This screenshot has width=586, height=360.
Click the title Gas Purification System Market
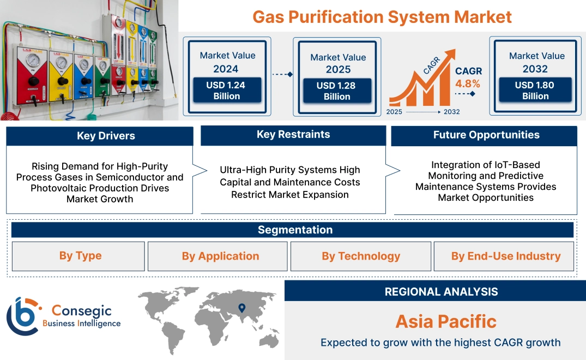[x=382, y=16]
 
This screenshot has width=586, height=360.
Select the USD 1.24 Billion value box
[x=227, y=90]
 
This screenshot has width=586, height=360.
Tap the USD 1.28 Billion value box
[x=337, y=91]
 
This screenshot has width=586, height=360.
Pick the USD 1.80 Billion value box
[x=535, y=90]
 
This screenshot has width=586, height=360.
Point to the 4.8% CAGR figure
[x=468, y=83]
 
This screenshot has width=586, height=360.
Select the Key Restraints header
[x=293, y=135]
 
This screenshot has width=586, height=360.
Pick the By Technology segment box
[x=360, y=256]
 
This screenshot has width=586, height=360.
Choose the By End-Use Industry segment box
[x=505, y=256]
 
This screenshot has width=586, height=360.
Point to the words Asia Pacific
[x=446, y=321]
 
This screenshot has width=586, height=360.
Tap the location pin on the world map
[x=242, y=309]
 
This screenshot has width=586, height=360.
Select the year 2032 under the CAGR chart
[x=451, y=112]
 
